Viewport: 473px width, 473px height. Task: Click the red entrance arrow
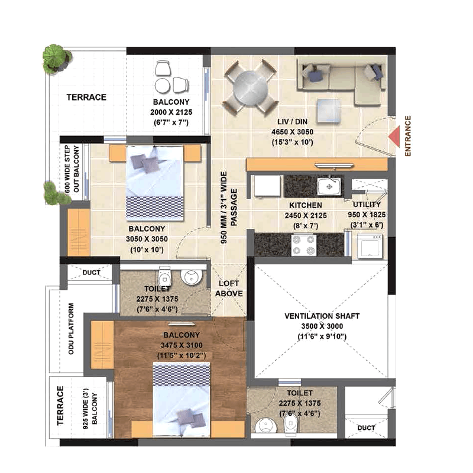(x=394, y=137)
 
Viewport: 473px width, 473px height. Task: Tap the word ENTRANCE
(x=408, y=136)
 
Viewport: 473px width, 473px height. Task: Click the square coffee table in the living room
(x=329, y=111)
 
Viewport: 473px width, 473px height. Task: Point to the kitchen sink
(x=329, y=186)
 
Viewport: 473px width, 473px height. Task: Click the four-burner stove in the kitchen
(x=304, y=245)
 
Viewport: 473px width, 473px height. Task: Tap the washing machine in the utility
(x=370, y=247)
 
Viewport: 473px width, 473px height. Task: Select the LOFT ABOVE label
(x=229, y=289)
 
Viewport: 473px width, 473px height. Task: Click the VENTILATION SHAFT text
(x=322, y=316)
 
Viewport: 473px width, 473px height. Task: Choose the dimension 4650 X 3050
(x=292, y=132)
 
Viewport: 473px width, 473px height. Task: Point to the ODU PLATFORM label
(x=71, y=329)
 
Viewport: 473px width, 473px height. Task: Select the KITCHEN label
(x=306, y=205)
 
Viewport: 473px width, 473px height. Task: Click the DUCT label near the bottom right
(x=366, y=427)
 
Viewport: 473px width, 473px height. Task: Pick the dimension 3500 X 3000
(x=322, y=326)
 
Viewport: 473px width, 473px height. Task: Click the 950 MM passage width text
(x=223, y=208)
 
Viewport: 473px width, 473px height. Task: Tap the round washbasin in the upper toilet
(x=191, y=277)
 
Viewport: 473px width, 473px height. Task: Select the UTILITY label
(x=367, y=205)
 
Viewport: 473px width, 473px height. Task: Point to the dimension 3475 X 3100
(x=182, y=345)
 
